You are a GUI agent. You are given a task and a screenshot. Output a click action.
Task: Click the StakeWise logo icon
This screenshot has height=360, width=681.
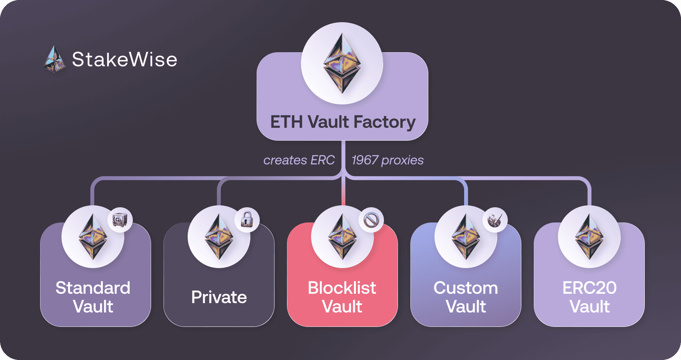(54, 59)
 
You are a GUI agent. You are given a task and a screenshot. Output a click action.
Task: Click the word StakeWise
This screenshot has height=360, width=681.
(125, 60)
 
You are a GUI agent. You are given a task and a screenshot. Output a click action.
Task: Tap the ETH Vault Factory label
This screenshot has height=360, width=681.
(343, 122)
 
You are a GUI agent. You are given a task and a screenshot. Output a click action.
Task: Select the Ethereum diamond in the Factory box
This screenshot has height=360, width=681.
(342, 63)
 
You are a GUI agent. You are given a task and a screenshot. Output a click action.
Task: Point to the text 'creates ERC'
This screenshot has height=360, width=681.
(299, 160)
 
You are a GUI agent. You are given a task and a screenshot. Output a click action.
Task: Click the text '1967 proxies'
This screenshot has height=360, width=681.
(387, 160)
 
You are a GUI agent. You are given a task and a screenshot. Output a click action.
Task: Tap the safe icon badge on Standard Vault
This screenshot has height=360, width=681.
(120, 220)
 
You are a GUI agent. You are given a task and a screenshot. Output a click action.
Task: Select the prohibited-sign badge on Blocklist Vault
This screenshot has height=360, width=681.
(371, 220)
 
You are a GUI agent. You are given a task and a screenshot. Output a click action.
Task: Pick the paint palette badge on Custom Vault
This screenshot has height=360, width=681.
(494, 220)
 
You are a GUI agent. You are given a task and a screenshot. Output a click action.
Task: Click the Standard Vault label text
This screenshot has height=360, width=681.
(93, 297)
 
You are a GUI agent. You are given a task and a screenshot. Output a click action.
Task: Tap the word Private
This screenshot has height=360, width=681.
(219, 297)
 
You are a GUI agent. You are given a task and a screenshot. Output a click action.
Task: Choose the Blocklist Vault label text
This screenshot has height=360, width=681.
(342, 297)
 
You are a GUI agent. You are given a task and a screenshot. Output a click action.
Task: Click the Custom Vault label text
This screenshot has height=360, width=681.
(466, 297)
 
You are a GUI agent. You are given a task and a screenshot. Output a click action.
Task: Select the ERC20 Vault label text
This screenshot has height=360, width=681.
(589, 297)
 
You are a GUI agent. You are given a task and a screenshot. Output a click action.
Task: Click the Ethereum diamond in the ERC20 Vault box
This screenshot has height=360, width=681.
(589, 237)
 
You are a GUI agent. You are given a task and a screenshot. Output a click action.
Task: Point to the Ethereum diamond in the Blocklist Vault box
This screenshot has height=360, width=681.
(342, 237)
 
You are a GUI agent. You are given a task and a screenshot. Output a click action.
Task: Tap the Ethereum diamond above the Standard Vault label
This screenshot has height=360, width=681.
(93, 237)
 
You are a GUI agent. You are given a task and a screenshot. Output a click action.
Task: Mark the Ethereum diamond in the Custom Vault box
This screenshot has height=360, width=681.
(466, 237)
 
